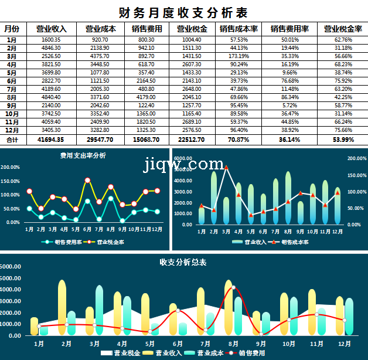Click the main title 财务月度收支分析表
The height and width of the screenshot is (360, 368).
tap(183, 12)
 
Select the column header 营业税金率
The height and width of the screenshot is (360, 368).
tap(343, 29)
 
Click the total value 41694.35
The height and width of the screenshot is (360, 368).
tap(50, 140)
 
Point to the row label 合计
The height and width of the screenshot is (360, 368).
tap(12, 140)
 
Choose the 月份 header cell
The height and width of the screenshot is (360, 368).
tap(12, 29)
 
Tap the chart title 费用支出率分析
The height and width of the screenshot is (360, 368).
tap(83, 156)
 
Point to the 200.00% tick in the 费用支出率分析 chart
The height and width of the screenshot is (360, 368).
tap(10, 167)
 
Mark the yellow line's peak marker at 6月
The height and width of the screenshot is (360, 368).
tap(87, 181)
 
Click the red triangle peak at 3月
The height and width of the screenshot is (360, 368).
tap(226, 168)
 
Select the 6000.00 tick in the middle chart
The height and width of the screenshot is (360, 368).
tap(183, 158)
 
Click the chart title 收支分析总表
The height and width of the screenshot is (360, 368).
tap(183, 262)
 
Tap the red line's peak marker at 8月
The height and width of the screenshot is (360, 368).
tap(233, 288)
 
